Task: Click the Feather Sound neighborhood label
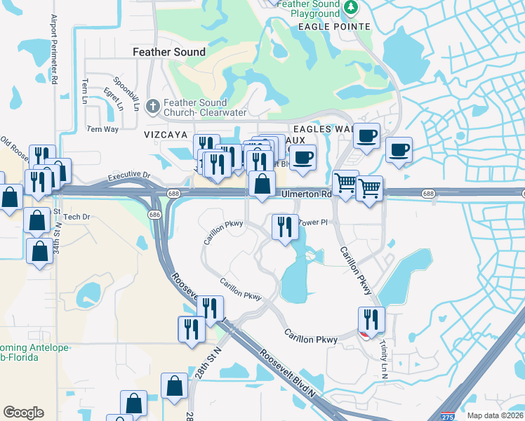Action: pos(170,52)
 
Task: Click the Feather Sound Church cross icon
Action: pos(152,107)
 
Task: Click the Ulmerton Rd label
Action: pos(306,194)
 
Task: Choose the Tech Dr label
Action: pos(78,217)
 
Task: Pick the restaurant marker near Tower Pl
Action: pos(284,227)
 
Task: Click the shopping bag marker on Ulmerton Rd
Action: pos(262,185)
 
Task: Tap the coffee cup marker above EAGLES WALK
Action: pos(366,135)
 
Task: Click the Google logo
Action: pos(23,413)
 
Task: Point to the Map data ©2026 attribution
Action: pos(495,415)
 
